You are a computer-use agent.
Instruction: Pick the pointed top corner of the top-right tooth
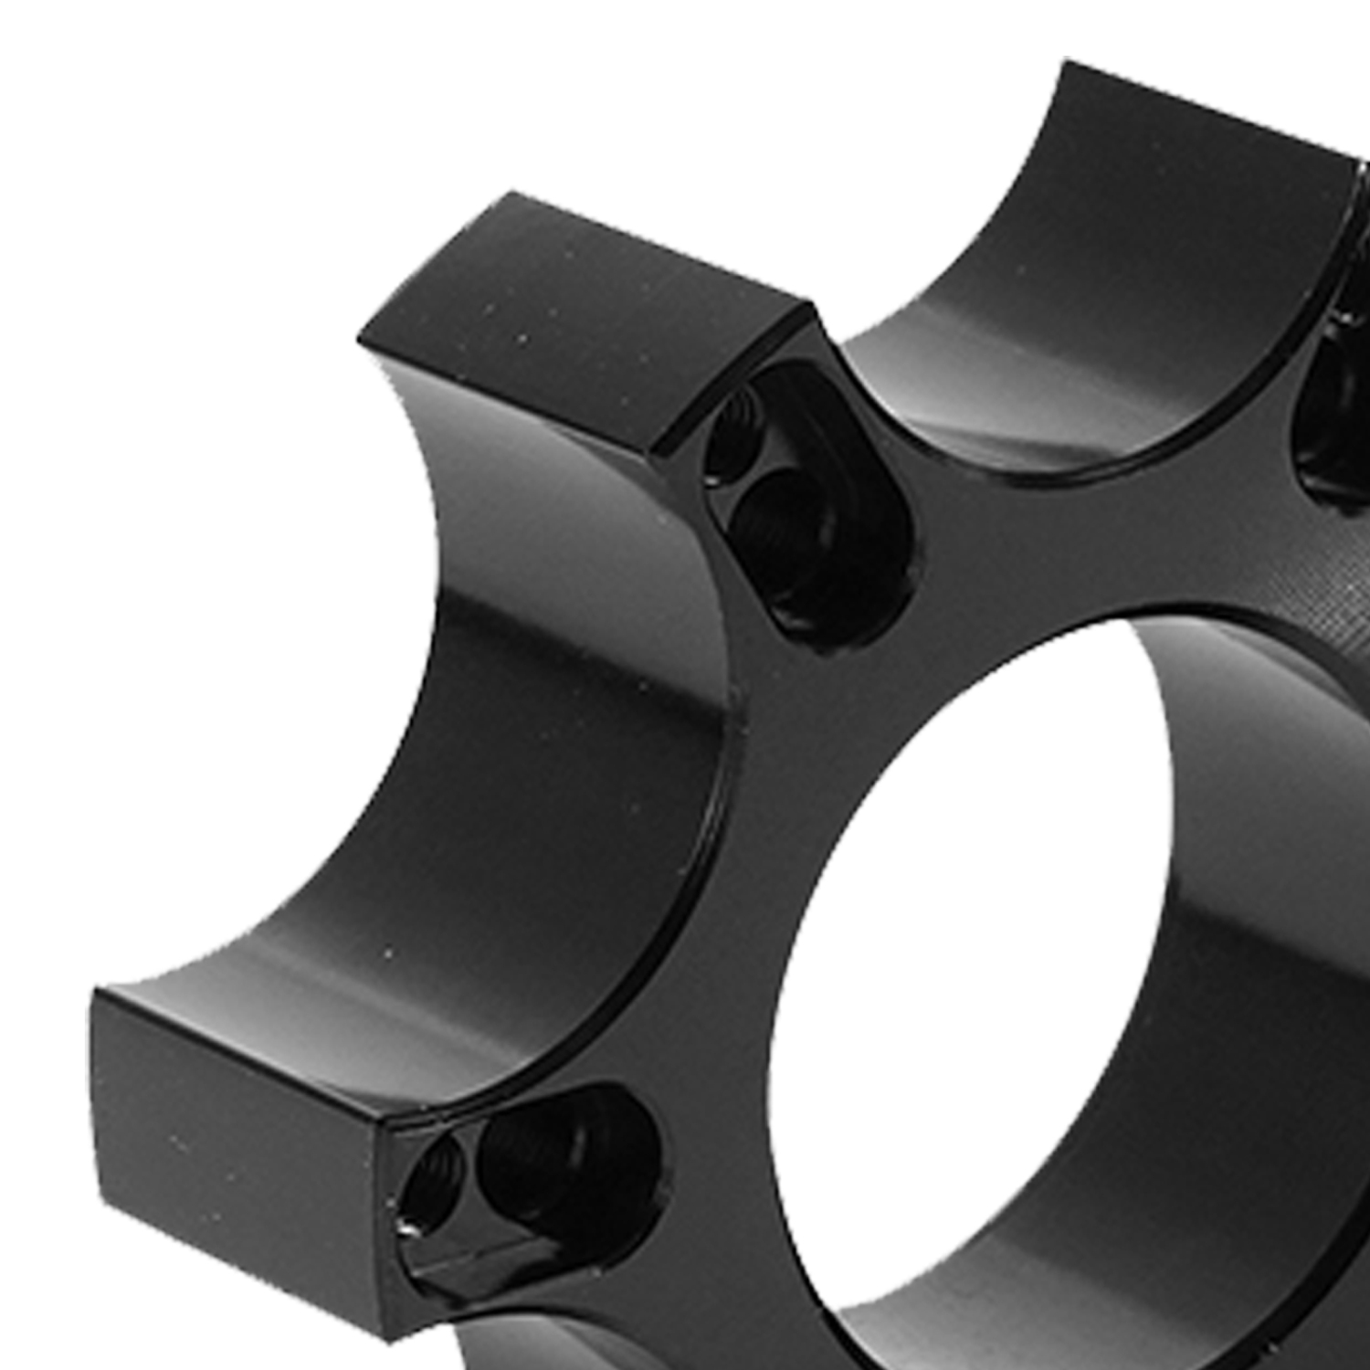1065,64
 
